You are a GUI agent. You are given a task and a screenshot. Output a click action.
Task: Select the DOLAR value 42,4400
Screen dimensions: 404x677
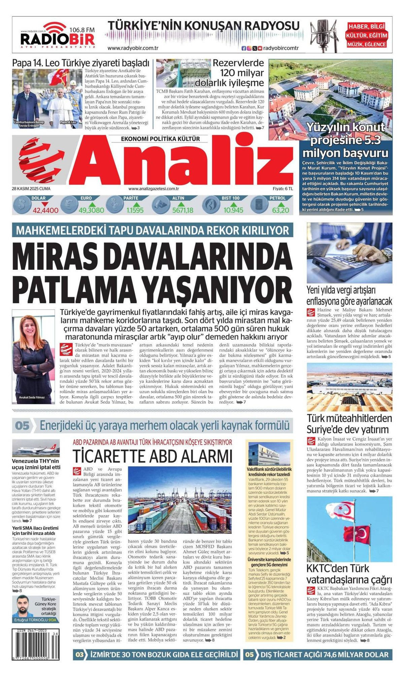[45, 211]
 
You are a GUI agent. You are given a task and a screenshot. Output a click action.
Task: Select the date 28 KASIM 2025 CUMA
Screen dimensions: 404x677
[31, 189]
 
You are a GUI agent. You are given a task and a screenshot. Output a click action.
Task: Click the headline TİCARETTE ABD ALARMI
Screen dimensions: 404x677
[153, 456]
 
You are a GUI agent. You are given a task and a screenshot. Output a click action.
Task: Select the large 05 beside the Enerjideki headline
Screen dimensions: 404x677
[22, 426]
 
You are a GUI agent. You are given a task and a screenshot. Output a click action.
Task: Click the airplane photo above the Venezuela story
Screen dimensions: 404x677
[36, 448]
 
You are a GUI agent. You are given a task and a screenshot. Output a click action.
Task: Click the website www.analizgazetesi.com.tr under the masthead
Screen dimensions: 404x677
[153, 189]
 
